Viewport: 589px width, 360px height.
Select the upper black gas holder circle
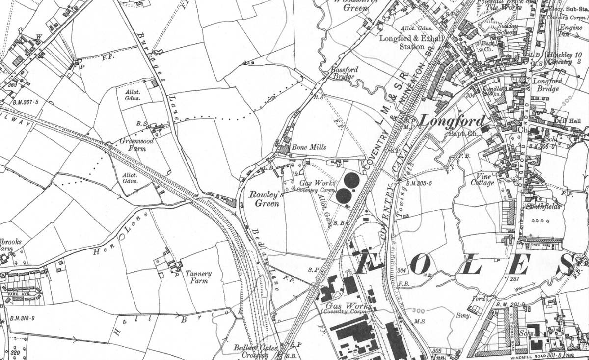click(350, 180)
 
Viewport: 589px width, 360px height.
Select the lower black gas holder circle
click(343, 197)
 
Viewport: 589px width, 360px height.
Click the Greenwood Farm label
click(136, 144)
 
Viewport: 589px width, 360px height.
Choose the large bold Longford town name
click(453, 121)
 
